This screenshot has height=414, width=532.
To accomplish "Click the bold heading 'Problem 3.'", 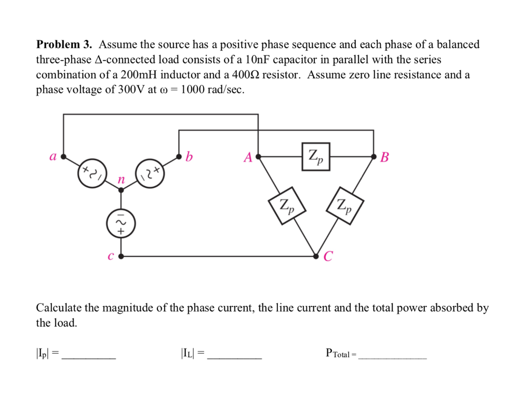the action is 64,45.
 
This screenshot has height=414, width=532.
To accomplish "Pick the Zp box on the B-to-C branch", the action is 344,206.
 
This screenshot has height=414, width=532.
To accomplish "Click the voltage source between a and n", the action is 92,173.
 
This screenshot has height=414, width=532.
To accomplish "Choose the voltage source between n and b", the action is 150,173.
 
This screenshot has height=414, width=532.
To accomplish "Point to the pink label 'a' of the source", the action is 52,156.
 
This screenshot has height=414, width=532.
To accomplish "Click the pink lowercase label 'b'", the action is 189,156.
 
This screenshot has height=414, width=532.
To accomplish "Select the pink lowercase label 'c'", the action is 110,256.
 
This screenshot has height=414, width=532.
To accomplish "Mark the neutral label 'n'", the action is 121,180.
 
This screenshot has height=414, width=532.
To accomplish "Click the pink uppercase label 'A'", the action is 248,157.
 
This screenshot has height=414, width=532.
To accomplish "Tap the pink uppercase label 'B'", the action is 384,157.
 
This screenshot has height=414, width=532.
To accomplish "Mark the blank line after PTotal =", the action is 392,357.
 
